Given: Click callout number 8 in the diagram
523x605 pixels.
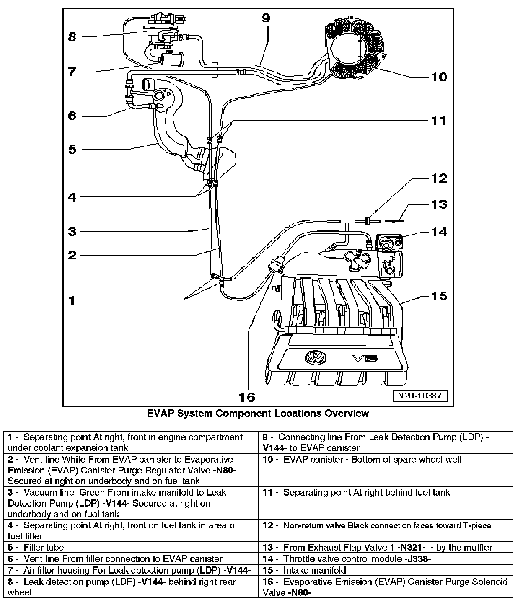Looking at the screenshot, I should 72,37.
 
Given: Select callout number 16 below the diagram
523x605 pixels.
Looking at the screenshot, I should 247,397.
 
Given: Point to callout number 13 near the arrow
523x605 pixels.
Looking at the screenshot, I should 439,204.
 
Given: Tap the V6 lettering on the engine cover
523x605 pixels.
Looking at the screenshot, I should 365,359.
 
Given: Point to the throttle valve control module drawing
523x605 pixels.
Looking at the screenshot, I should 390,256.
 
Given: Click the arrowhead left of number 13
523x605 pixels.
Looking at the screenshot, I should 388,220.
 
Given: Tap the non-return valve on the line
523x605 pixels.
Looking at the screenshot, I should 368,220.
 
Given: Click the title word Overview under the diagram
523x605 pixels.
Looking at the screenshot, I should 347,414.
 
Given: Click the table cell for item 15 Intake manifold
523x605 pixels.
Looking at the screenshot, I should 386,570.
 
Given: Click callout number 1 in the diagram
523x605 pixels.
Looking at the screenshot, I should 72,300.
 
